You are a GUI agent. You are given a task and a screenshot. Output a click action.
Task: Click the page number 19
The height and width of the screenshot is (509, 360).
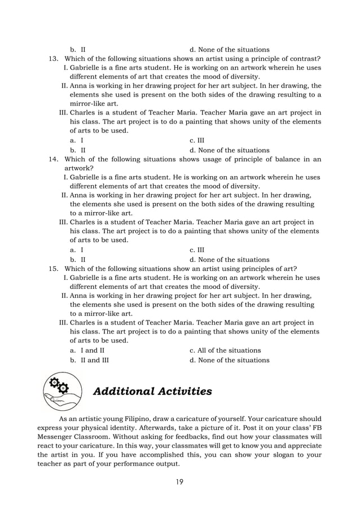click(179, 481)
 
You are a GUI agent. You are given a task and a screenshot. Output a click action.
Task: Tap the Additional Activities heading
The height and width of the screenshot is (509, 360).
click(152, 391)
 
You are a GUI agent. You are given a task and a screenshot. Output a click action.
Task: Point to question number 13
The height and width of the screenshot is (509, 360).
click(54, 59)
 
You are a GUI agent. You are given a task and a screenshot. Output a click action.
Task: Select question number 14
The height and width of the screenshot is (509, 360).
click(54, 159)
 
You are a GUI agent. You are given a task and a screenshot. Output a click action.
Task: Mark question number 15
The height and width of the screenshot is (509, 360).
click(54, 268)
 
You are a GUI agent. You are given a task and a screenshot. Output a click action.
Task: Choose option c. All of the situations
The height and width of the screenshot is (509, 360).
click(225, 350)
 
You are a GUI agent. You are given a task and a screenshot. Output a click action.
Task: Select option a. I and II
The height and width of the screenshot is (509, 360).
click(87, 350)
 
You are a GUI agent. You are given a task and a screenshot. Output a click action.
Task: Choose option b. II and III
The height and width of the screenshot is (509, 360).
click(90, 360)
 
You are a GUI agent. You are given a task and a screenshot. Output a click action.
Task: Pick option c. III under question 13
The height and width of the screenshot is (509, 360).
click(197, 140)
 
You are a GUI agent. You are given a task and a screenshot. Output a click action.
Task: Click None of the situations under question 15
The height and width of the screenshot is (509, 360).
click(230, 360)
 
